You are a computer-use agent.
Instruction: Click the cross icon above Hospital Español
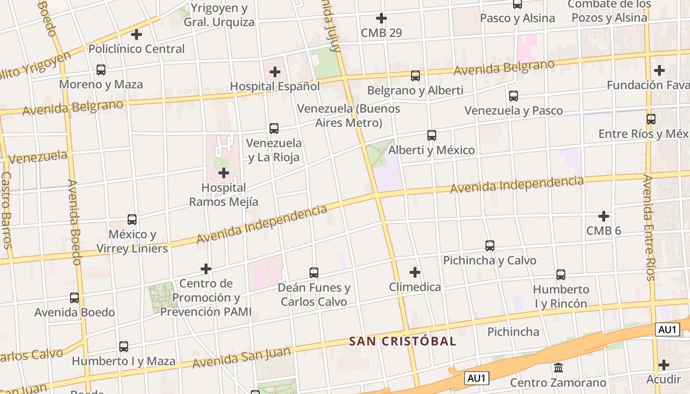(275, 72)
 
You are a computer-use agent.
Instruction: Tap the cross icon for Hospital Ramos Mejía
(224, 173)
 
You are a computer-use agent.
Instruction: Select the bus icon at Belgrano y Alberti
(415, 76)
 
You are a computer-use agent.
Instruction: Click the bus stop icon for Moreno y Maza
(101, 70)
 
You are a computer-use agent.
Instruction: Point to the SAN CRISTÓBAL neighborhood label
(403, 341)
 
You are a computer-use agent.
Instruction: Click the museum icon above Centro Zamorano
(558, 367)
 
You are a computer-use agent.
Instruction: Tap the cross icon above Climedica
(415, 272)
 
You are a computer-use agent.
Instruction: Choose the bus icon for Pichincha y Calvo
(490, 245)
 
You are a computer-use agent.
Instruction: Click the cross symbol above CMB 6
(604, 216)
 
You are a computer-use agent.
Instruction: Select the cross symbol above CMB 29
(381, 19)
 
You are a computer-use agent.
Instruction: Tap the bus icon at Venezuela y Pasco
(514, 96)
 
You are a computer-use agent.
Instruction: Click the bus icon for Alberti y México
(432, 135)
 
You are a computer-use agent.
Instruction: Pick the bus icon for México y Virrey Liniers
(132, 220)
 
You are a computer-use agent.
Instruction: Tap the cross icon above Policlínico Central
(137, 34)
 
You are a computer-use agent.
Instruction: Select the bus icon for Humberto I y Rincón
(561, 275)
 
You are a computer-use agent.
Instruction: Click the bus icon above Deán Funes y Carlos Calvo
(314, 272)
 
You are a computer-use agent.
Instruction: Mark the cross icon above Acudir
(664, 365)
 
